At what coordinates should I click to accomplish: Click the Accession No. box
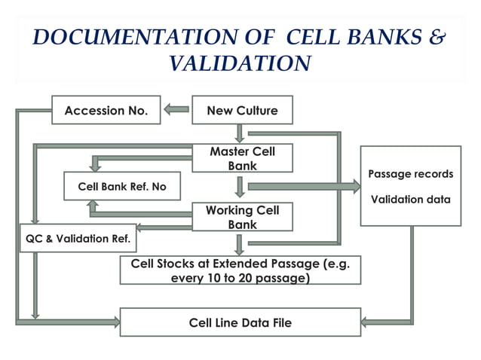(105, 111)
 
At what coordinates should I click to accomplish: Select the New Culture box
(242, 111)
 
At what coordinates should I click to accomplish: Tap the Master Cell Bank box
(242, 158)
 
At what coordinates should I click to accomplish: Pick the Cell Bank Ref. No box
(121, 186)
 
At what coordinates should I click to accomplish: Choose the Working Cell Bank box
(242, 217)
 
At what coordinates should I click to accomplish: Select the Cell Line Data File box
(240, 322)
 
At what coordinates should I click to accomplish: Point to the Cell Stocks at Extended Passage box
(240, 270)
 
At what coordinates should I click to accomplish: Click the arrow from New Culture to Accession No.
(177, 110)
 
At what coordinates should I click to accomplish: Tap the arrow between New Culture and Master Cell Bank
(240, 133)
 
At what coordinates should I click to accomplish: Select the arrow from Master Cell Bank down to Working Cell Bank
(240, 188)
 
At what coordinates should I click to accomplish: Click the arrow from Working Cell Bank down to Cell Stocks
(240, 244)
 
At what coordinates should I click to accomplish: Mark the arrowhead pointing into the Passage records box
(355, 187)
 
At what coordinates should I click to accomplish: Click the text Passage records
(410, 174)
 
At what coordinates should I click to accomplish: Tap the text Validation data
(410, 200)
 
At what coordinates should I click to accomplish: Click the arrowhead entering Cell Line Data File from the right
(366, 322)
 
